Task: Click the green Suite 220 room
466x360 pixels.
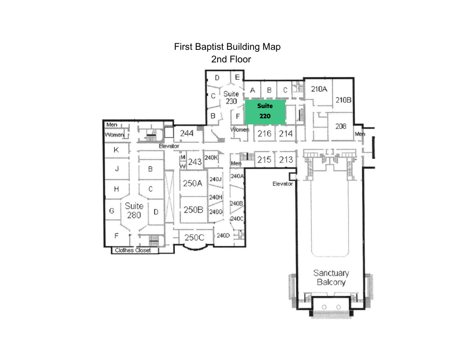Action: pos(265,112)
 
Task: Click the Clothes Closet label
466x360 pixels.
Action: pos(133,251)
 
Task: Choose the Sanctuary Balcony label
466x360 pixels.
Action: pos(331,278)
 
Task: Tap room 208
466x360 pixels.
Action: pos(341,127)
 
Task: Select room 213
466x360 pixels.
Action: pos(286,160)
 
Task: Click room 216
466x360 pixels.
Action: pos(265,134)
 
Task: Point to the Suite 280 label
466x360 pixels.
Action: pos(134,211)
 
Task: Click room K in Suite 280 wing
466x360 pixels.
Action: pos(116,150)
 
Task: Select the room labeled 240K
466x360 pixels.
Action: pos(211,158)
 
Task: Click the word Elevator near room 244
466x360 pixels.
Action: pos(169,146)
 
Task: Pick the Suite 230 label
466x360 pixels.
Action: pos(231,98)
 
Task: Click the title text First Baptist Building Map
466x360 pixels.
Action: pos(227,47)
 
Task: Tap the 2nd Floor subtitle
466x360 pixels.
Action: pos(231,60)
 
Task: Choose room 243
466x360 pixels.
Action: pos(195,162)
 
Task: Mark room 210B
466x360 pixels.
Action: pos(343,100)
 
